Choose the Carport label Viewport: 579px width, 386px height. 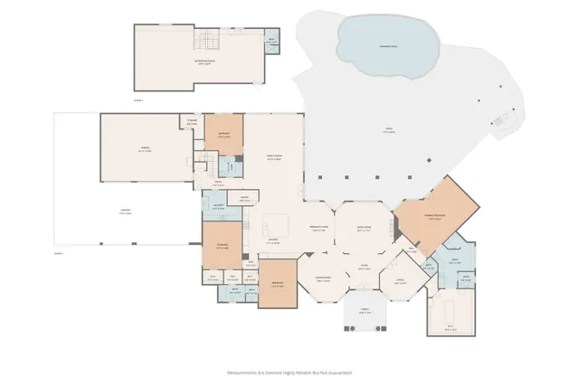[x=126, y=214]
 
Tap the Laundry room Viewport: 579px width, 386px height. [x=219, y=208]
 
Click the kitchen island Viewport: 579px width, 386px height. [x=275, y=224]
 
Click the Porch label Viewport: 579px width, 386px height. [x=365, y=310]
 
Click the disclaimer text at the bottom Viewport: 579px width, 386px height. [x=289, y=372]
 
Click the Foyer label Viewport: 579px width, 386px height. [x=363, y=266]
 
